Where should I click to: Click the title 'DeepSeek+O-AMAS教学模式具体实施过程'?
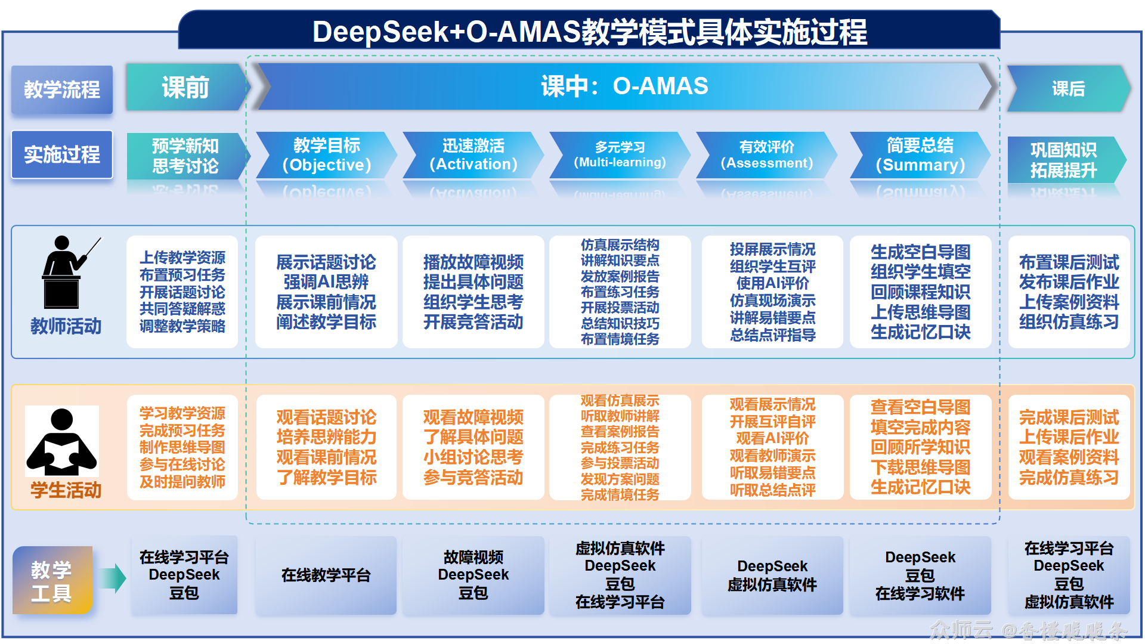589,32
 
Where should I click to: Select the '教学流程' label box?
62,89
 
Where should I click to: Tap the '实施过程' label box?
62,154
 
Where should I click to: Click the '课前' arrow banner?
186,87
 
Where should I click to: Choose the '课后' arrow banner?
1069,88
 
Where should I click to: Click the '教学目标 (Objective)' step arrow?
326,155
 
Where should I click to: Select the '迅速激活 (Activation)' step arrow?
474,155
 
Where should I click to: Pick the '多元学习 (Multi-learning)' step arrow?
620,155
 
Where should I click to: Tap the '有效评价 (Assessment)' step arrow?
767,155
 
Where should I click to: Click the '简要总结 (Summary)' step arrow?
920,155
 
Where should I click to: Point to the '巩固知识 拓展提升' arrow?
1067,159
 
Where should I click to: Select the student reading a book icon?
62,441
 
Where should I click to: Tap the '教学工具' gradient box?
52,580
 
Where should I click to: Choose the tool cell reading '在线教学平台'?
326,575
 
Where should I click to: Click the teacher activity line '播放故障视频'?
474,262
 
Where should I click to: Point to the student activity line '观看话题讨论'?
326,417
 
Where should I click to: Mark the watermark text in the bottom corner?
1029,630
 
